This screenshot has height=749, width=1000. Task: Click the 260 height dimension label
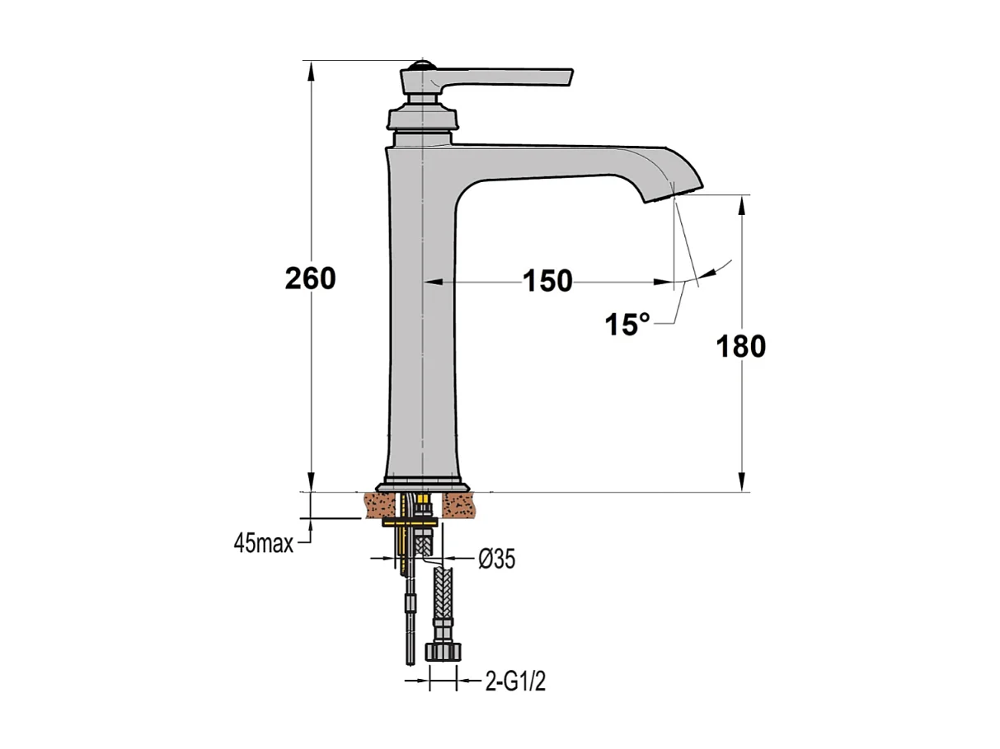310,279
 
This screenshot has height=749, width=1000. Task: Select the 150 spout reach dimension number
547,282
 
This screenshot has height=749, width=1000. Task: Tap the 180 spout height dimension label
739,346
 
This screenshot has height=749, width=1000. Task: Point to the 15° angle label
627,325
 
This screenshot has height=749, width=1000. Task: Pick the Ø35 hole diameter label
497,559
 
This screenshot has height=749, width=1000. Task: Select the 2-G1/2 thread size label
514,682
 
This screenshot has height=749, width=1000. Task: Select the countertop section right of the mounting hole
462,504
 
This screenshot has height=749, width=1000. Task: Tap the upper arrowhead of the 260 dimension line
312,69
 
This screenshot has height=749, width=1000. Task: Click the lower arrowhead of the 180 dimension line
743,482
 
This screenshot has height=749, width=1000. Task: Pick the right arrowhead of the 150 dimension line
663,282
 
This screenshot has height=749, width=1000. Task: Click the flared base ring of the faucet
422,486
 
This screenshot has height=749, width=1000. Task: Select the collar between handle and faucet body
422,118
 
